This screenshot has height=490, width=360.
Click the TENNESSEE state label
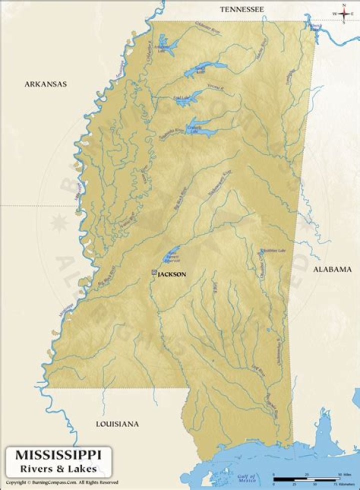pyautogui.click(x=242, y=9)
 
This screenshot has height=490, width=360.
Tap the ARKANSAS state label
pyautogui.click(x=45, y=84)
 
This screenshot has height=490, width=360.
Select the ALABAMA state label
pyautogui.click(x=332, y=269)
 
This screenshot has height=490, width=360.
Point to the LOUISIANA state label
pyautogui.click(x=117, y=423)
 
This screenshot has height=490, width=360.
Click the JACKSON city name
pyautogui.click(x=172, y=274)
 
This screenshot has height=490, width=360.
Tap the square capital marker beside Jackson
pyautogui.click(x=154, y=273)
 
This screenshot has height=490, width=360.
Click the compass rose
pyautogui.click(x=344, y=13)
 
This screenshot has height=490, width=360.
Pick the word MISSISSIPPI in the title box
pyautogui.click(x=58, y=455)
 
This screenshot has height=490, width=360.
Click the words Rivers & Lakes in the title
pyautogui.click(x=58, y=468)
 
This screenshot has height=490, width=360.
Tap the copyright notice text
pyautogui.click(x=62, y=482)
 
